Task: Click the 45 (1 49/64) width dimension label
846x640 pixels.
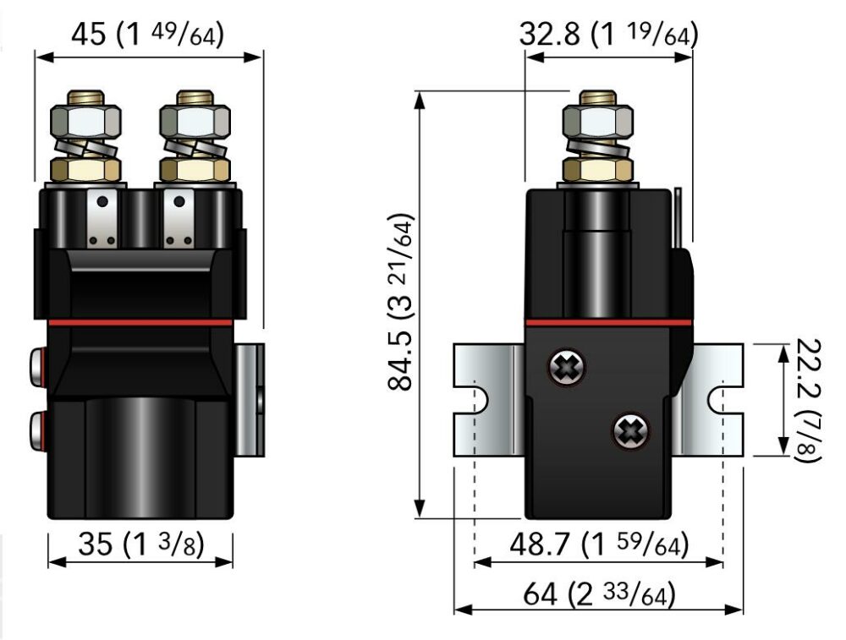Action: [147, 36]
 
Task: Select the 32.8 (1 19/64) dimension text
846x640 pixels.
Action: [608, 36]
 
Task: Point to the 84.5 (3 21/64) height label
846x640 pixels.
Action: [399, 303]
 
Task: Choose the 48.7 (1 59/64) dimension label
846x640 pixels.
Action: [598, 544]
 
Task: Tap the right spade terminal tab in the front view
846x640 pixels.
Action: [179, 220]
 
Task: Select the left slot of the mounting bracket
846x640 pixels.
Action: [475, 399]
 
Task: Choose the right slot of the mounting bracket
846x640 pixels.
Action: [722, 399]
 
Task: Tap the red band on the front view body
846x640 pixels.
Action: [140, 322]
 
